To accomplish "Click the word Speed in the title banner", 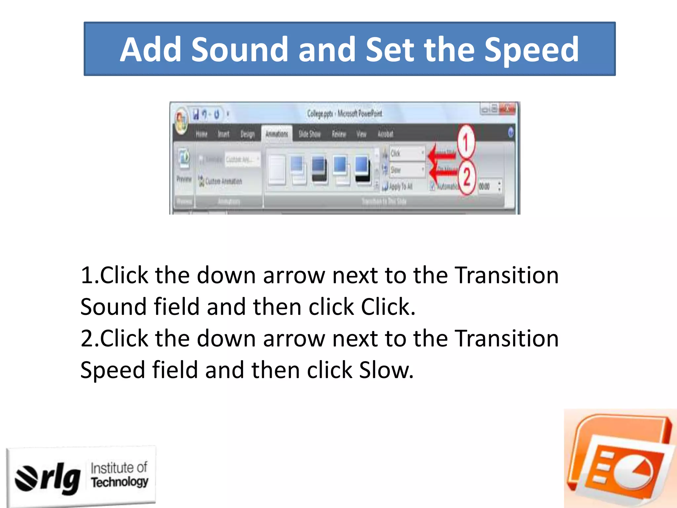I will [x=532, y=50].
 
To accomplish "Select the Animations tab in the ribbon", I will [x=277, y=134].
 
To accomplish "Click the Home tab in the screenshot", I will [x=201, y=134].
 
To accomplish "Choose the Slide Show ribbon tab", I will [x=309, y=134].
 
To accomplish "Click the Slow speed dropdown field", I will [x=407, y=170].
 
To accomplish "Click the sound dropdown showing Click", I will [x=407, y=153].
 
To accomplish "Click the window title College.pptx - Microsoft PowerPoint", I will [x=344, y=114].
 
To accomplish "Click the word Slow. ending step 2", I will [x=386, y=370].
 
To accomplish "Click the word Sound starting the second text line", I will [x=113, y=307].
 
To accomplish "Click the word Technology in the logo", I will [x=120, y=482].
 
